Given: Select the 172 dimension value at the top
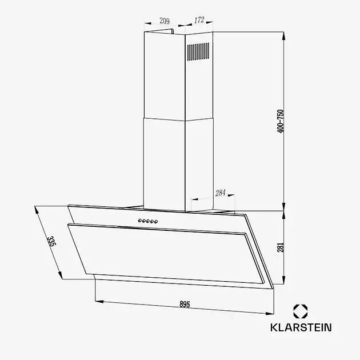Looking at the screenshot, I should point(199,20).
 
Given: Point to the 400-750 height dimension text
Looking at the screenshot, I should point(280,121).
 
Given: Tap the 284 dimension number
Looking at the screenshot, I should point(220,193).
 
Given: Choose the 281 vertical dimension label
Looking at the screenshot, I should point(280,247).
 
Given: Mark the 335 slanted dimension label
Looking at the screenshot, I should point(52,242).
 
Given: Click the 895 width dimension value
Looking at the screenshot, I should point(185,304).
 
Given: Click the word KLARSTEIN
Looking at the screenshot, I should point(300,328).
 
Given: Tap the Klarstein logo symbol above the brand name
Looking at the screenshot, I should point(301,311).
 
